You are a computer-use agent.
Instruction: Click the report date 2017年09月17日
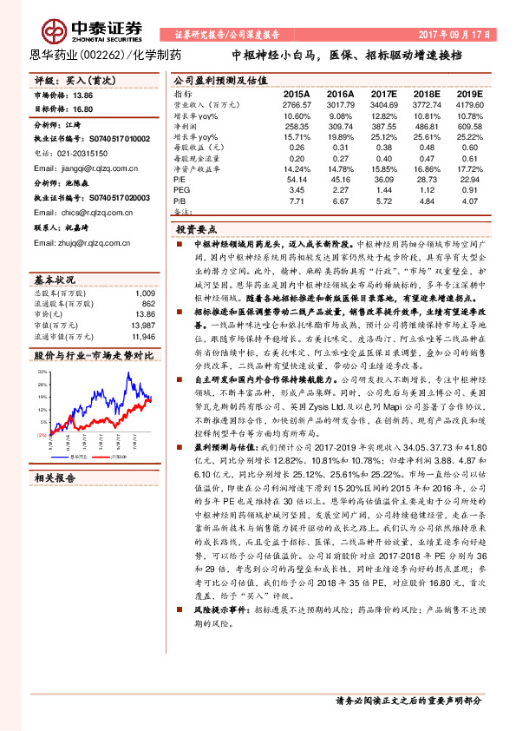[x=454, y=34]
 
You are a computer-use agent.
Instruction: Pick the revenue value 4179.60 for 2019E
[x=469, y=102]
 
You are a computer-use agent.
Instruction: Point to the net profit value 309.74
[x=340, y=126]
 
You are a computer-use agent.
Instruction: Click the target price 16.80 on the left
[x=83, y=110]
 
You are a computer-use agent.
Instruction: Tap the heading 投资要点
[x=195, y=231]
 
